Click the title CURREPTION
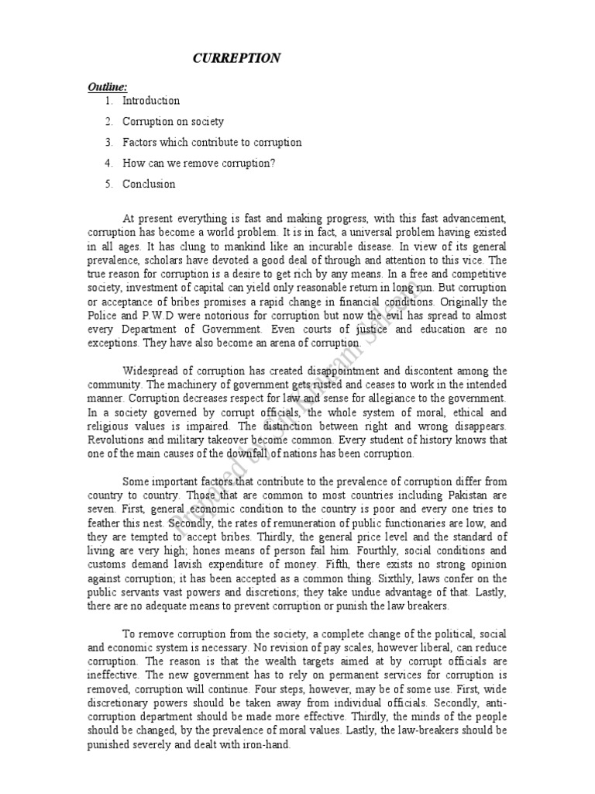click(237, 58)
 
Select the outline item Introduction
click(150, 101)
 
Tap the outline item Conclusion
click(149, 185)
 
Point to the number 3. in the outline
click(108, 143)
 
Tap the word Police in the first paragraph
click(105, 316)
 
